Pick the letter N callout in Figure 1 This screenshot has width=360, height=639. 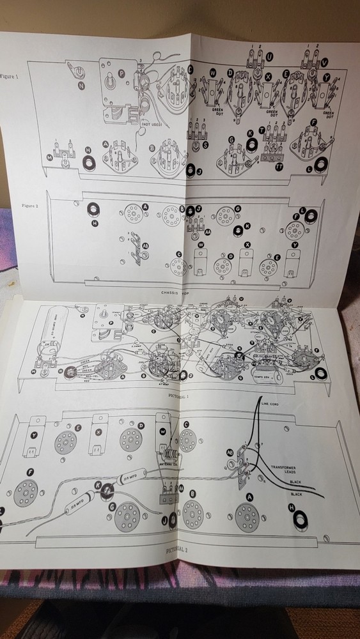pyautogui.click(x=81, y=85)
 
